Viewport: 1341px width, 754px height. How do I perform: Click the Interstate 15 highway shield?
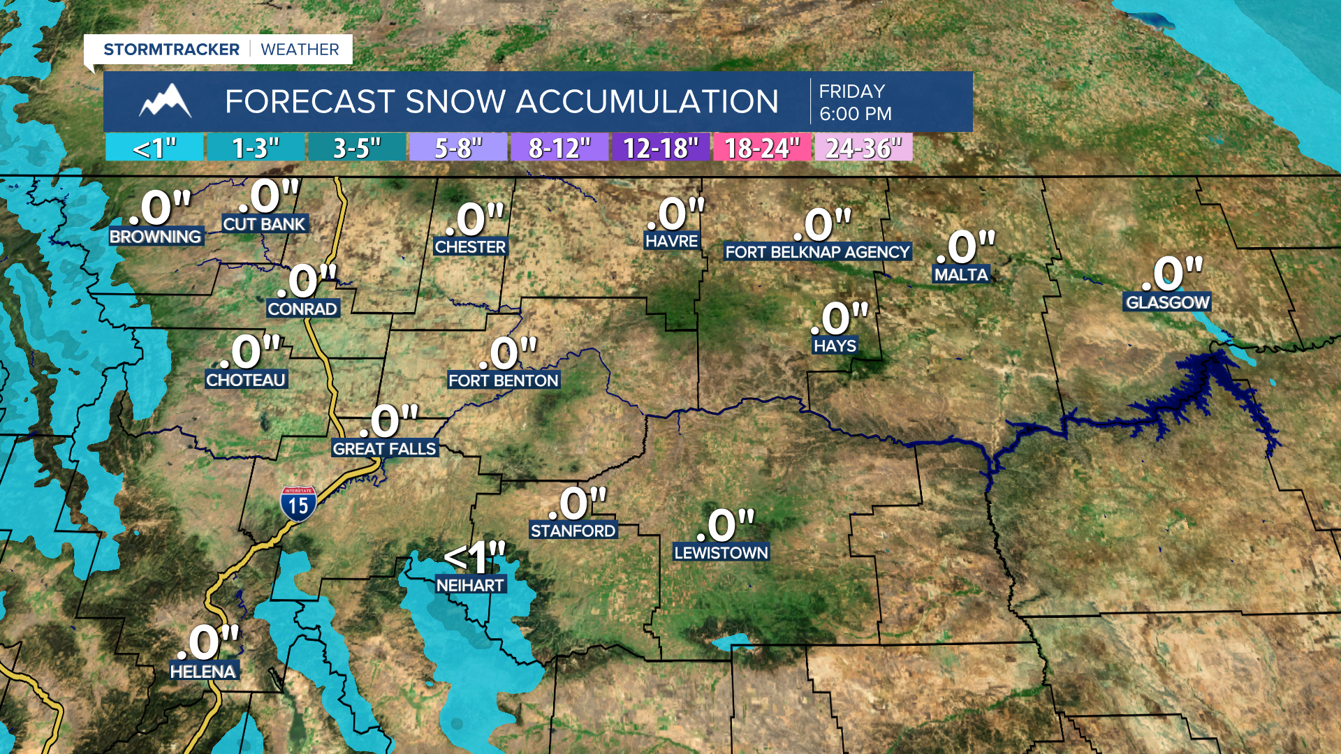[x=298, y=504]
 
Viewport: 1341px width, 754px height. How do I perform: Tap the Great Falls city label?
[x=384, y=449]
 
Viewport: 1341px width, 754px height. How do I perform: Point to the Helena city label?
[x=203, y=672]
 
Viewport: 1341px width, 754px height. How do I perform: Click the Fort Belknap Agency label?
[x=817, y=252]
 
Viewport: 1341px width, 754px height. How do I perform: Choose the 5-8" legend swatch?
[x=458, y=148]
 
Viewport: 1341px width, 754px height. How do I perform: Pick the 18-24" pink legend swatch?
[x=762, y=148]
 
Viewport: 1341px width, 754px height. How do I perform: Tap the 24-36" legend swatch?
[x=863, y=148]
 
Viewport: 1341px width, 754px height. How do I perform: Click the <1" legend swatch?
[x=154, y=148]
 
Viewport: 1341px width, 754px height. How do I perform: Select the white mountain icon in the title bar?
[x=166, y=101]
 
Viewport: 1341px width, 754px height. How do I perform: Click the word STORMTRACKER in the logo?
[x=171, y=50]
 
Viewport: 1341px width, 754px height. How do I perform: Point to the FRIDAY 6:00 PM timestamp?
[x=855, y=102]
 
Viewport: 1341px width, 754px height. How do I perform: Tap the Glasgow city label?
[x=1167, y=302]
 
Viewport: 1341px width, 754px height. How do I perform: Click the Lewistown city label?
[x=721, y=553]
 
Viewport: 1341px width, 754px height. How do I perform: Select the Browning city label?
[x=155, y=237]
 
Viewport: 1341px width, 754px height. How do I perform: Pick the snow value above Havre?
[x=675, y=214]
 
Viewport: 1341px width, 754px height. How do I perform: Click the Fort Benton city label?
[x=504, y=380]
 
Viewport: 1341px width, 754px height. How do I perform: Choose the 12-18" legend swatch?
[x=661, y=148]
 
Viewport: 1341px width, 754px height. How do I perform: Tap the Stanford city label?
[x=573, y=531]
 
